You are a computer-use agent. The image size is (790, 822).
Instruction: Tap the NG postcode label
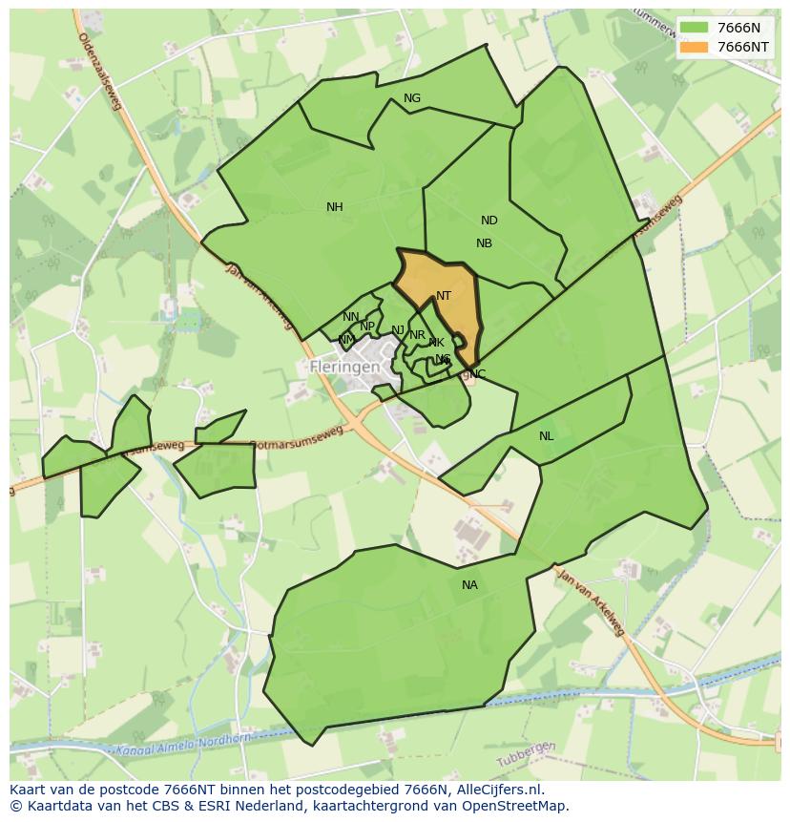(412, 98)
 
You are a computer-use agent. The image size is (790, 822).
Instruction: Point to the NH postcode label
(334, 207)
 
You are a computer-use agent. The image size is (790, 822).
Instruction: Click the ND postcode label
(489, 221)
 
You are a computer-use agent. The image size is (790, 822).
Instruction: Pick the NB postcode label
(484, 243)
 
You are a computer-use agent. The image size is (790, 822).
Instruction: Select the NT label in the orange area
(444, 296)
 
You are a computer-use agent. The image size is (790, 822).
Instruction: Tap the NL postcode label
(546, 436)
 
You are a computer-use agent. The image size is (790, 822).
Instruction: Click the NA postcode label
(469, 585)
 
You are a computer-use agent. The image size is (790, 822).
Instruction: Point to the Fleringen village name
(345, 367)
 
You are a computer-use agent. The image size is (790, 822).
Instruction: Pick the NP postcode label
(367, 327)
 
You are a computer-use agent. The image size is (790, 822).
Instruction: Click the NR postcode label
(417, 335)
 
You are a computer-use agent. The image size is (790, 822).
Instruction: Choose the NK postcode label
(436, 343)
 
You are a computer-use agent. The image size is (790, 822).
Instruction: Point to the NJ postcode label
(398, 330)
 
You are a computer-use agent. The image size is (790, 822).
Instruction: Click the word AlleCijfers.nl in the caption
(495, 790)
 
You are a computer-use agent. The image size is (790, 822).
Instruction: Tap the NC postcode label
(478, 373)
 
